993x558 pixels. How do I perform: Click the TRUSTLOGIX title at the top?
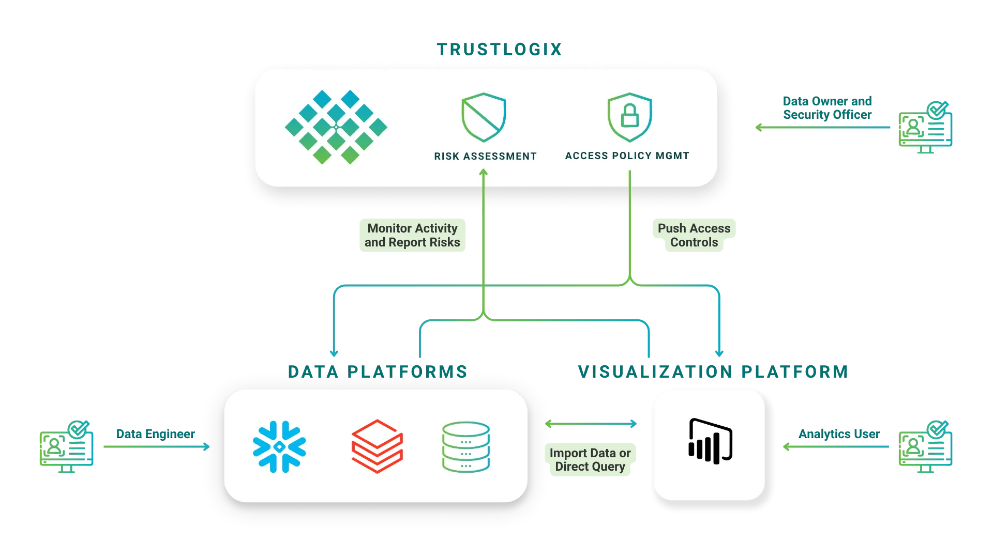(x=499, y=50)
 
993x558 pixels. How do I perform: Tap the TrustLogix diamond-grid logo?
(x=336, y=127)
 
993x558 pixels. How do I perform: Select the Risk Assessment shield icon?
(x=484, y=117)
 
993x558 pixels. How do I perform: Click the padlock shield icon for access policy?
(x=629, y=117)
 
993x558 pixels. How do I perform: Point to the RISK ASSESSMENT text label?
(x=485, y=156)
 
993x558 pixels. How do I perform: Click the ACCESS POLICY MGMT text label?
(x=627, y=156)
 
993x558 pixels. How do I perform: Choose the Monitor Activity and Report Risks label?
(x=412, y=235)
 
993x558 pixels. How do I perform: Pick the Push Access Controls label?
(x=694, y=235)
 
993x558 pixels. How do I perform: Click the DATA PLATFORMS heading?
(x=377, y=371)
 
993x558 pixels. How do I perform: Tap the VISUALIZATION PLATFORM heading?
(x=712, y=371)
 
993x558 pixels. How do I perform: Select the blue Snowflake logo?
(x=279, y=447)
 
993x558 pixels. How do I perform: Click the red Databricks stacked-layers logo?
(x=377, y=446)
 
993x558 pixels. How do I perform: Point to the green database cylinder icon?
(x=465, y=447)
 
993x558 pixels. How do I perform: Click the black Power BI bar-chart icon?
(x=710, y=441)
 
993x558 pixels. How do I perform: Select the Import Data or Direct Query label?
(x=590, y=460)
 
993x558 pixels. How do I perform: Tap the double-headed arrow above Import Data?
(x=591, y=424)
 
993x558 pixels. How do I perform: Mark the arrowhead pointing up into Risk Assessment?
(x=484, y=173)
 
